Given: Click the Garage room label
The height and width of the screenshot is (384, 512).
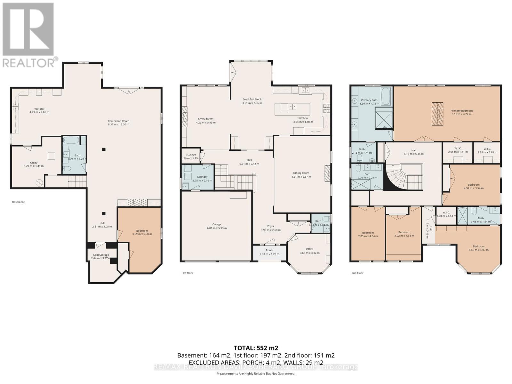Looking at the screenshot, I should [217, 224].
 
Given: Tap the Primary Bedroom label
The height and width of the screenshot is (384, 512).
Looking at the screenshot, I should [461, 111].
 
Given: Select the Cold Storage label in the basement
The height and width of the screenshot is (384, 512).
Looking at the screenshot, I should [100, 255].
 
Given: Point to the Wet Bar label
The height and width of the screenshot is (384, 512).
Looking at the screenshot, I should [39, 109].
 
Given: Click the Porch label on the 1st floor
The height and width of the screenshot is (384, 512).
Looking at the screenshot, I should [269, 250].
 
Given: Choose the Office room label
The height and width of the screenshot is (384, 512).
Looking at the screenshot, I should [309, 249].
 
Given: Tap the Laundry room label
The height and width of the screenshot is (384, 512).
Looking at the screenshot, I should [202, 177].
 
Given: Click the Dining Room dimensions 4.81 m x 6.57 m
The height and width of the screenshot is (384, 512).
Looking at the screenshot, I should [301, 177].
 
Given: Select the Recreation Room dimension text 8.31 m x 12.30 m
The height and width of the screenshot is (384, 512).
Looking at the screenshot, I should [118, 124].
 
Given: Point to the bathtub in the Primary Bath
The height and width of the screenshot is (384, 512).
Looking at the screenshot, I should [386, 96].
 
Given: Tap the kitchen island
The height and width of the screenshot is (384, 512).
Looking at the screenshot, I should [292, 109].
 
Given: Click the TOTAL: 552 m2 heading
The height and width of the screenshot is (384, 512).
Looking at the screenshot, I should [256, 348].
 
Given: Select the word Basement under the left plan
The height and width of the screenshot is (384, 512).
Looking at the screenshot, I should [18, 202].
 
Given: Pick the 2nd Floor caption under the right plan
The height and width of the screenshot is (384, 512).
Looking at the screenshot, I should [357, 273].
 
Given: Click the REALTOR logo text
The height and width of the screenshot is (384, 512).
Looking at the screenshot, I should [29, 62].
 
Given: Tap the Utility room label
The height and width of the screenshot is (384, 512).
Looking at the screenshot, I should [34, 163].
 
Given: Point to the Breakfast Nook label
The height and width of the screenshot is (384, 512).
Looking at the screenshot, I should [252, 99].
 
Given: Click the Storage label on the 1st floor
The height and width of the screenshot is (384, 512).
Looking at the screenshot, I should [191, 155].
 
